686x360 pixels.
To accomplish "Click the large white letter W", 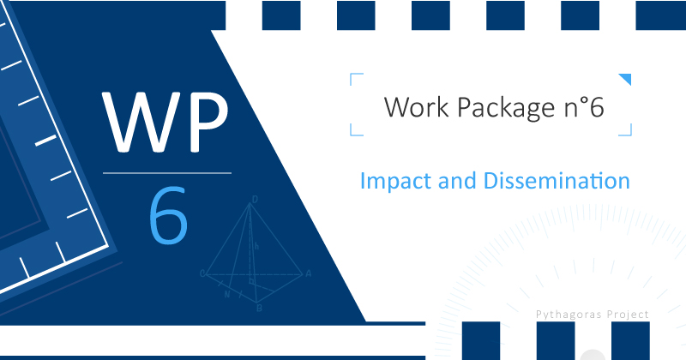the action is [140, 122].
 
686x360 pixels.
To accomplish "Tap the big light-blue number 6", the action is [168, 215].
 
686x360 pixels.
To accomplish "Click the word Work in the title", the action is [416, 107].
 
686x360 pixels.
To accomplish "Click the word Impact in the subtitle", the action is [395, 182].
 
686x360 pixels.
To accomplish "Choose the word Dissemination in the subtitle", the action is [557, 180].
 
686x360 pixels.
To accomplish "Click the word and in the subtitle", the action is [457, 180].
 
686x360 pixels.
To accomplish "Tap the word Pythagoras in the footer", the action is [563, 315].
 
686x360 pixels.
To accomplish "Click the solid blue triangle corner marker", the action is [627, 78].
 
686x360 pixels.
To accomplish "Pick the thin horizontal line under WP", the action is [167, 173].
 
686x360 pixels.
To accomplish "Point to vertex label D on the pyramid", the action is [255, 200].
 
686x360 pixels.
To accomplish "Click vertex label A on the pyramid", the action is [309, 273].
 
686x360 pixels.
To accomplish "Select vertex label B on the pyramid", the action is [259, 308].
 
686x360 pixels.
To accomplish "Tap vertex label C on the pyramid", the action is [202, 273].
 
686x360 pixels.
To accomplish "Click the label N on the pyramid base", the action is [227, 294].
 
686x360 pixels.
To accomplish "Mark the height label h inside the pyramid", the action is [256, 247].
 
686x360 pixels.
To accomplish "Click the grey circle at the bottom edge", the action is [593, 355].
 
